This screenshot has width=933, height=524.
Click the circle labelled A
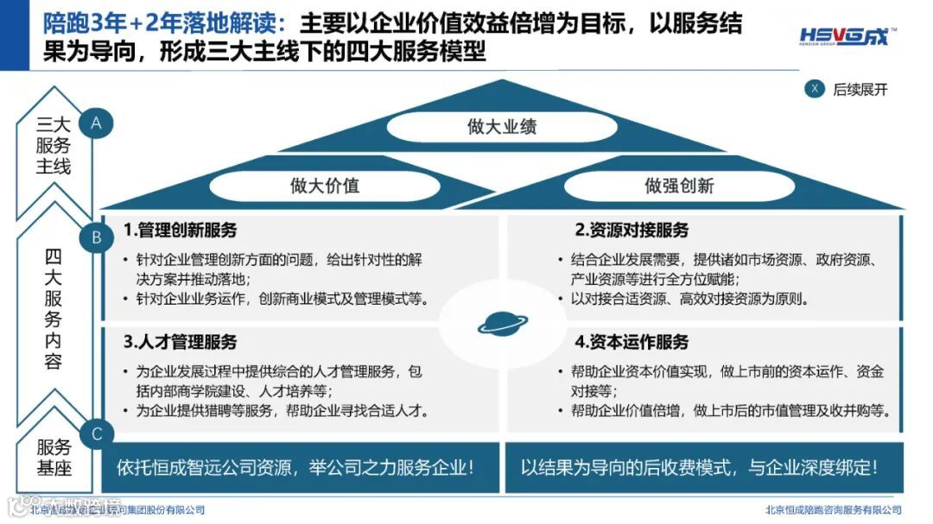96,123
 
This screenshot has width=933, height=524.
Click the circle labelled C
96,433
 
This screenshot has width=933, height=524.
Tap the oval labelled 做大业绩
501,127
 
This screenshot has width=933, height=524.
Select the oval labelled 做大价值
324,185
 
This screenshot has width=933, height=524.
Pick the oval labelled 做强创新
679,185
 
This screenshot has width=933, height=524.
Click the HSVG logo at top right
846,36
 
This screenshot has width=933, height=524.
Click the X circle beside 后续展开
814,88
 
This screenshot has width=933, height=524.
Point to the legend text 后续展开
860,89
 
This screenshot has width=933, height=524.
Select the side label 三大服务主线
54,145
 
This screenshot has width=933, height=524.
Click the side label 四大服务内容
54,309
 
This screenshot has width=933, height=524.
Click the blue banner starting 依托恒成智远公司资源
295,468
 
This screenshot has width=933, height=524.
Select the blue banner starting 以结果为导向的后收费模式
700,468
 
